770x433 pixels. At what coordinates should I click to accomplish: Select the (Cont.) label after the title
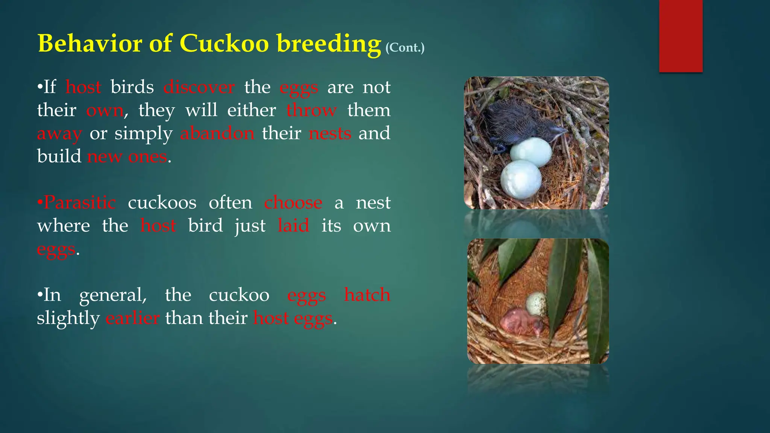pyautogui.click(x=405, y=48)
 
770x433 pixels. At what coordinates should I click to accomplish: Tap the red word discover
pyautogui.click(x=199, y=87)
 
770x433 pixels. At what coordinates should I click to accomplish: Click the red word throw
pyautogui.click(x=311, y=111)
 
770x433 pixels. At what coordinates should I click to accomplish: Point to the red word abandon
pyautogui.click(x=217, y=133)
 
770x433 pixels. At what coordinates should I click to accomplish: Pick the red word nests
pyautogui.click(x=330, y=133)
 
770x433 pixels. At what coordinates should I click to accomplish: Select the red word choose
pyautogui.click(x=293, y=203)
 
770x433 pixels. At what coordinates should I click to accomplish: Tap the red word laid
pyautogui.click(x=293, y=226)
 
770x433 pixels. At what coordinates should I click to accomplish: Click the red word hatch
pyautogui.click(x=367, y=295)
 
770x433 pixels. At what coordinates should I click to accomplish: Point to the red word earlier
pyautogui.click(x=132, y=318)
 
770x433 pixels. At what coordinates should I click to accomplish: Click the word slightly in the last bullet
pyautogui.click(x=68, y=318)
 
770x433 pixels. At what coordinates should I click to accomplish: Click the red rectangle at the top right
pyautogui.click(x=681, y=36)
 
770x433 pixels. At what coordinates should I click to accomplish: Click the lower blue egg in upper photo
pyautogui.click(x=521, y=179)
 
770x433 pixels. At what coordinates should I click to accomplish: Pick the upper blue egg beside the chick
pyautogui.click(x=531, y=152)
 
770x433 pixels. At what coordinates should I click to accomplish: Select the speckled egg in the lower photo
pyautogui.click(x=537, y=304)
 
